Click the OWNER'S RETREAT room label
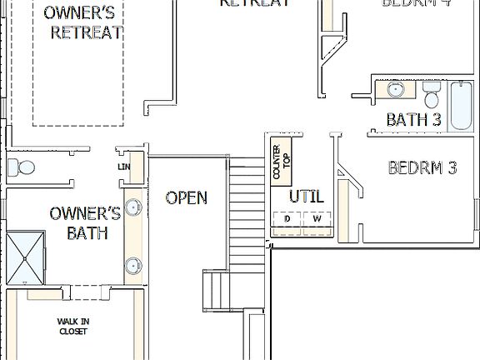(83, 22)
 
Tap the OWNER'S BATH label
(85, 222)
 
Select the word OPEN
(186, 197)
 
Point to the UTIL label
(306, 197)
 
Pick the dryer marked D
(287, 218)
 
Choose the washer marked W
(317, 218)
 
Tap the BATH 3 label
(413, 120)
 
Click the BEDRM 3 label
(422, 167)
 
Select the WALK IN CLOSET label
(72, 326)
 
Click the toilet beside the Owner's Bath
(22, 167)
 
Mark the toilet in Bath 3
(431, 90)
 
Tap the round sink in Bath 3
(395, 88)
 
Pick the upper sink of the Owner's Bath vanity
(133, 207)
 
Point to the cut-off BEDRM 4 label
(417, 3)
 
